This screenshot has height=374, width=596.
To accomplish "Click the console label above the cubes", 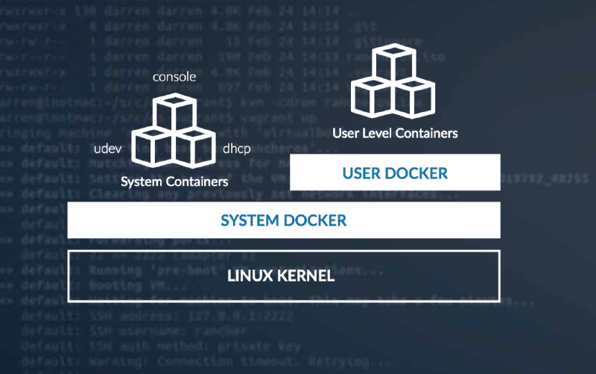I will click(x=174, y=78).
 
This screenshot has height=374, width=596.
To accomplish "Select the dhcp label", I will click(x=237, y=148).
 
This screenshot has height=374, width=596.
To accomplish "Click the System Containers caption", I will click(x=174, y=181).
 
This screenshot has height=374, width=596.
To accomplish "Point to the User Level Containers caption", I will click(x=395, y=134).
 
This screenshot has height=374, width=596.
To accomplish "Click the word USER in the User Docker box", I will click(x=362, y=173).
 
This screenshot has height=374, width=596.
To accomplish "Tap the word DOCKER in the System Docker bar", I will click(x=317, y=220).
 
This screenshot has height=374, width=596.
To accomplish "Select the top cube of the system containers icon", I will click(x=174, y=112).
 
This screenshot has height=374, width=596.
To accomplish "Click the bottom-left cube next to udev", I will click(x=153, y=148).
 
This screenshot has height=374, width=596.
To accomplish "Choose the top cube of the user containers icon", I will click(x=393, y=63).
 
